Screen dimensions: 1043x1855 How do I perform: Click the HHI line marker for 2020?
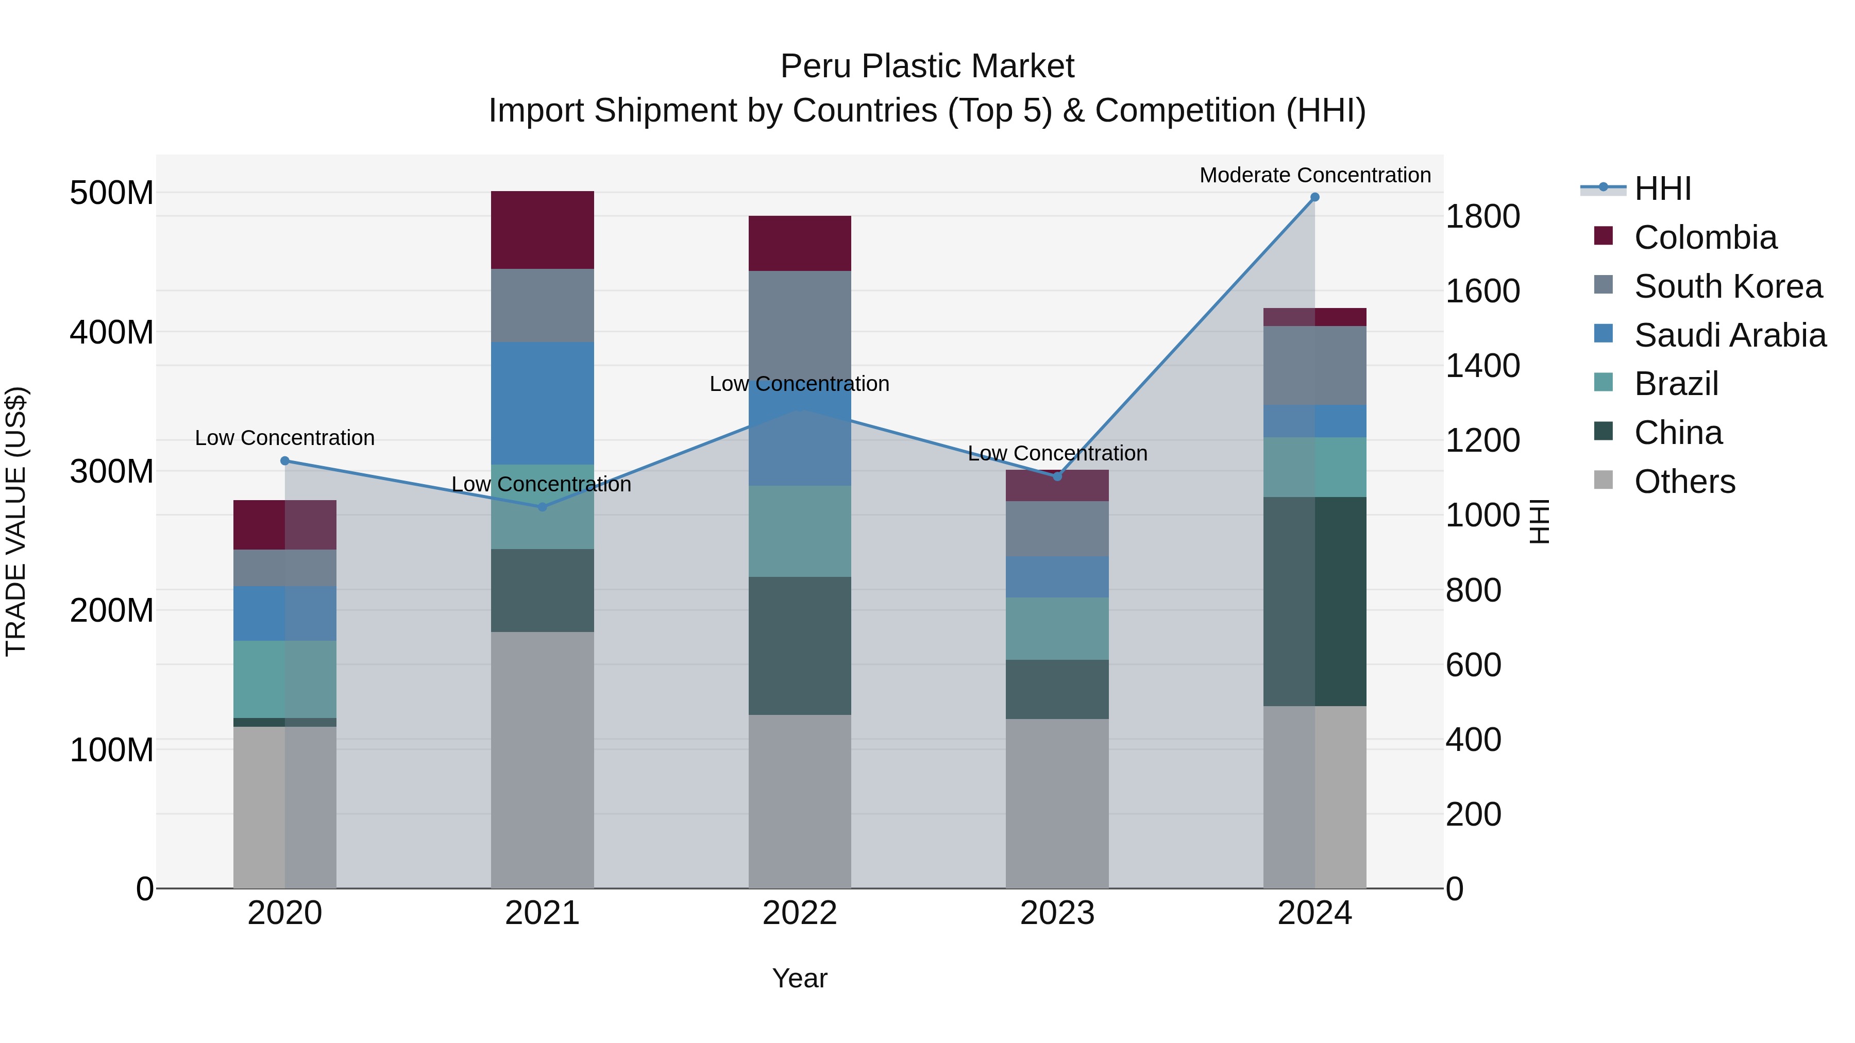coord(284,460)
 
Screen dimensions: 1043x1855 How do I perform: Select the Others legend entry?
coord(1684,482)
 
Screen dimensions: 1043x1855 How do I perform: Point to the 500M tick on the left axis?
coord(112,193)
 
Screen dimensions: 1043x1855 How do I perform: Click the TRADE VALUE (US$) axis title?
coord(16,521)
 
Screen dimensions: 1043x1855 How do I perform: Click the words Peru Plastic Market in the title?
coord(927,66)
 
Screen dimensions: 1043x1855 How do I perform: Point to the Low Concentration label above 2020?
coord(284,438)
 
